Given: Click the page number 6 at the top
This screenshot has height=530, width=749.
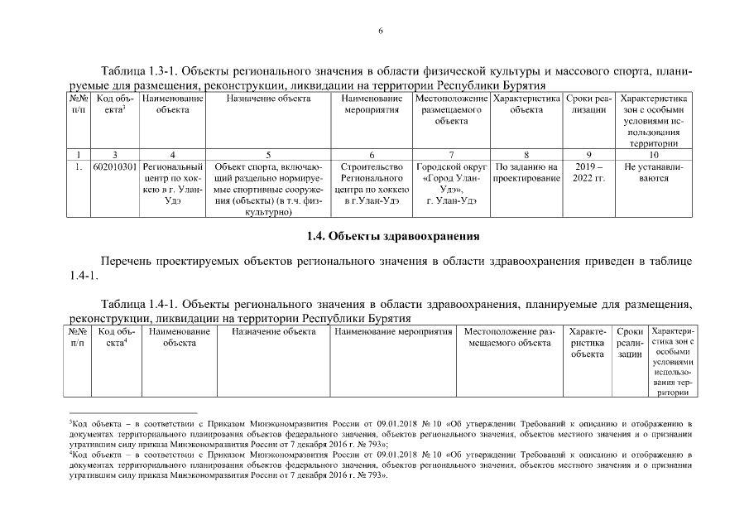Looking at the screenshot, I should click(381, 31).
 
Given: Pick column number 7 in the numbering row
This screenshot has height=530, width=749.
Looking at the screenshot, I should click(451, 154).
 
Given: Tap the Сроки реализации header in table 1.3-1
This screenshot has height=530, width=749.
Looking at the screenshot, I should click(588, 104).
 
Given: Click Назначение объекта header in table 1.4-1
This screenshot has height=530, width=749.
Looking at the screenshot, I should click(274, 332).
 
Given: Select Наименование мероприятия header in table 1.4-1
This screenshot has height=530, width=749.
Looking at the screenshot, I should click(392, 332).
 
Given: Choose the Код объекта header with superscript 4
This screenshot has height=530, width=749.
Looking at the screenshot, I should click(115, 337).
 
